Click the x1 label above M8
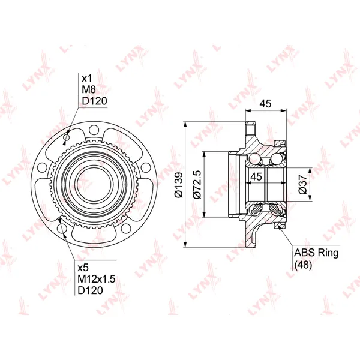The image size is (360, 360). click(x=87, y=78)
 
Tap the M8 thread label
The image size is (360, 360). click(x=89, y=89)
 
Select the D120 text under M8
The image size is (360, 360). click(x=94, y=101)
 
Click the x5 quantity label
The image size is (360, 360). click(x=83, y=268)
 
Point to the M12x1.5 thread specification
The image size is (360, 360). click(x=97, y=279)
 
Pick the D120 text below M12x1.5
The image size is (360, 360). click(x=90, y=290)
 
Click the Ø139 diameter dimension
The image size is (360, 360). click(x=179, y=185)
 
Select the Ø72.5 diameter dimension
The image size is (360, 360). click(x=197, y=184)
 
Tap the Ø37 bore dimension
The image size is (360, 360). click(x=302, y=184)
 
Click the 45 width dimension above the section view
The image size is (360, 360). click(x=265, y=104)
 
